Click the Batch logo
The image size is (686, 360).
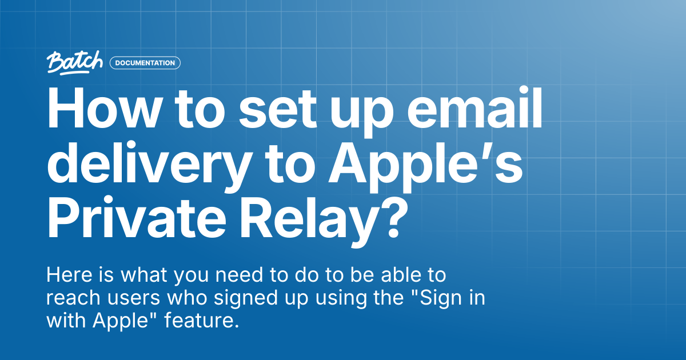[x=75, y=63]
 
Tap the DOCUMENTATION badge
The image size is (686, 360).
[x=145, y=63]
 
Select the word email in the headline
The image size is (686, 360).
[x=475, y=107]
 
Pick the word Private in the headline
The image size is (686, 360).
[x=137, y=217]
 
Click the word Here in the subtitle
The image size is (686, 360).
[x=69, y=275]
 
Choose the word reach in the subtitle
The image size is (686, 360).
[x=74, y=297]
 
